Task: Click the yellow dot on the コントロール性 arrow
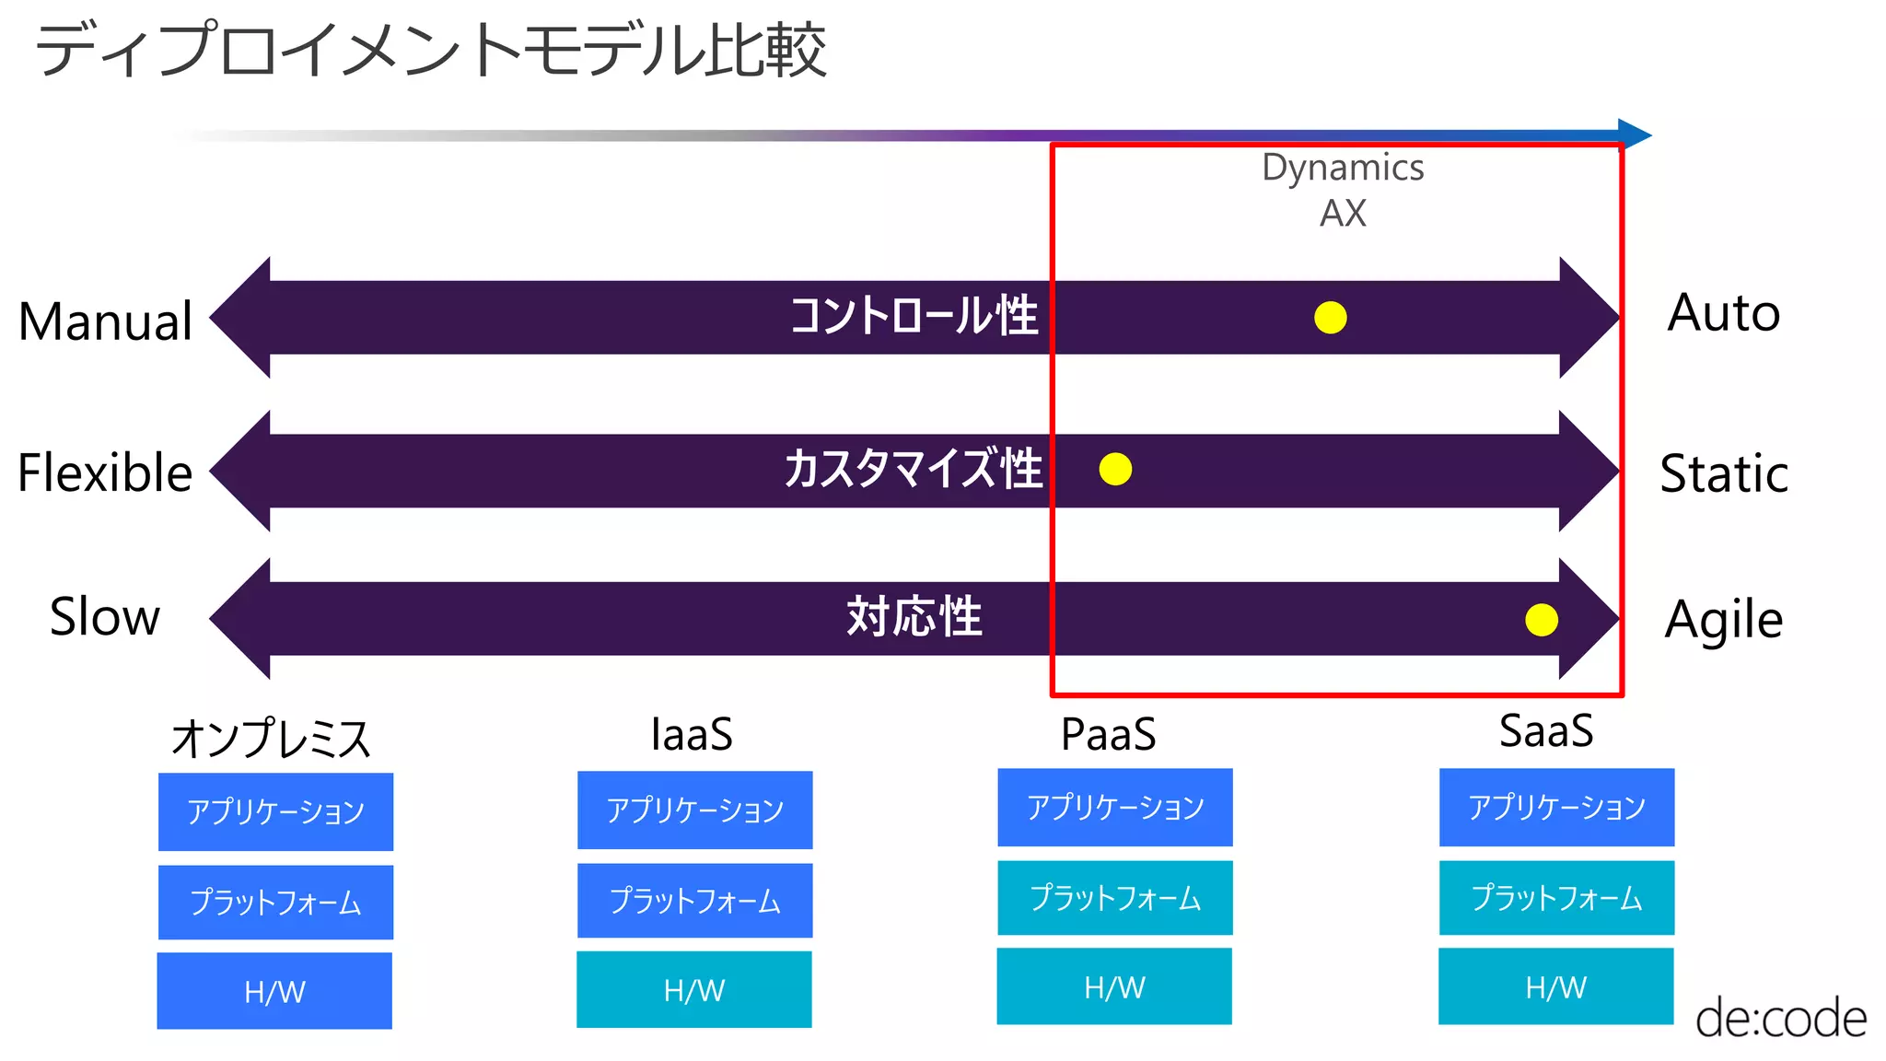tap(1330, 318)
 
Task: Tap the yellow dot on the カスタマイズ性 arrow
tap(1115, 469)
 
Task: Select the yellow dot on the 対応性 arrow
tap(1541, 620)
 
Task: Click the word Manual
tap(106, 321)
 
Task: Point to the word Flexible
tap(105, 473)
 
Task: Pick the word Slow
tap(105, 616)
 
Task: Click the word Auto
tap(1723, 313)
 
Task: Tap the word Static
tap(1723, 474)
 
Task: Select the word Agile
tap(1723, 620)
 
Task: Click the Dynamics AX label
tap(1343, 190)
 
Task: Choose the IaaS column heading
tap(692, 735)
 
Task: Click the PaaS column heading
tap(1108, 735)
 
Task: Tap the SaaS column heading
tap(1546, 731)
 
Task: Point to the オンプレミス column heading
tap(271, 739)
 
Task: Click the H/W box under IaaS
tap(694, 990)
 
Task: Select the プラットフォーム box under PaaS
tap(1115, 898)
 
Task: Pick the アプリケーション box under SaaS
tap(1556, 808)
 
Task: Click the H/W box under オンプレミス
tap(274, 991)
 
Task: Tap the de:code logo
tap(1780, 1019)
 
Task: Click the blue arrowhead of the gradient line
tap(1635, 134)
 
